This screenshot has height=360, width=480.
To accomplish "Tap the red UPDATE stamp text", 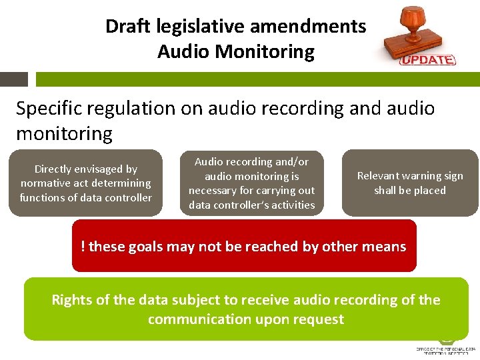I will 427,59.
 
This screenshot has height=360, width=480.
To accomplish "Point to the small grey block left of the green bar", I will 13,79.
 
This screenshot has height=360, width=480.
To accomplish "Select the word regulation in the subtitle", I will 151,109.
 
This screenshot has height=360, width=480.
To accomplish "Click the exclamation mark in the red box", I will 83,247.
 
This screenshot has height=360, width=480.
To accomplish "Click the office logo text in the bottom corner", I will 445,351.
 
